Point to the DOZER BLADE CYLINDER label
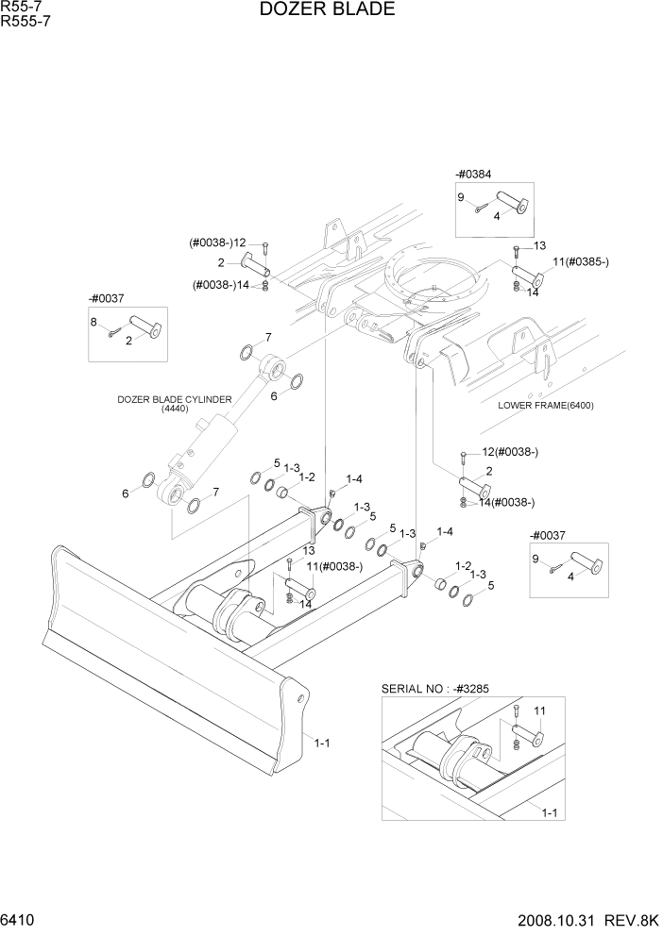pos(174,400)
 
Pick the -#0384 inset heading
pos(473,174)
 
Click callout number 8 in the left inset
pos(94,323)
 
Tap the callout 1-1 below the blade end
pos(321,743)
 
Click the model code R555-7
pos(25,23)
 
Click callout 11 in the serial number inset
pos(540,710)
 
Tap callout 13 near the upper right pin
pos(539,245)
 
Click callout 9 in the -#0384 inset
pos(461,197)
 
